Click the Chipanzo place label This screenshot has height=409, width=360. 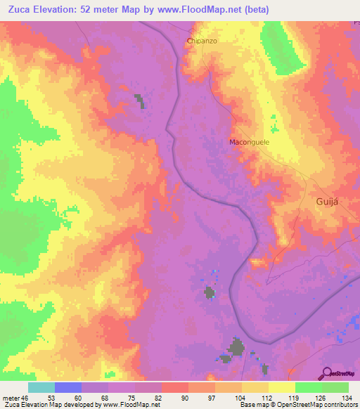click(202, 41)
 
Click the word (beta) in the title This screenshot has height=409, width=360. click(253, 9)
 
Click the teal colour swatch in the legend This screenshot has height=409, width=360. click(41, 387)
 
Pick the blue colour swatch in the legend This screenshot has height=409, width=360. click(68, 387)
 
